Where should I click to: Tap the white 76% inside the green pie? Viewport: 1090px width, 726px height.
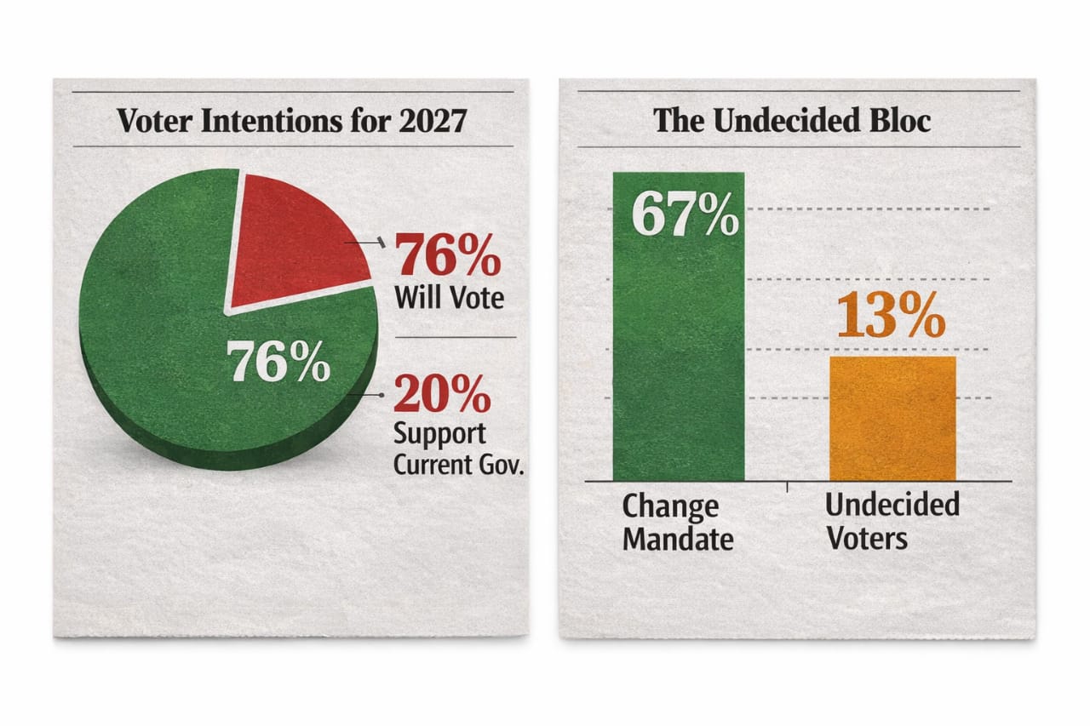tap(280, 363)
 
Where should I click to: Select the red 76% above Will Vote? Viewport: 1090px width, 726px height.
tap(449, 256)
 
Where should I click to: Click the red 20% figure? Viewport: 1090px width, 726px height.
tap(442, 394)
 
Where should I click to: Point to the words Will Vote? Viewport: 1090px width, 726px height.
tap(449, 298)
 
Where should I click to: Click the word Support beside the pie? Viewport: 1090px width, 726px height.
tap(439, 435)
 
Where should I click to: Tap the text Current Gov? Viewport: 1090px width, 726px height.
tap(457, 466)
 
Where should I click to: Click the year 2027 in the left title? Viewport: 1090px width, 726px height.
tap(432, 121)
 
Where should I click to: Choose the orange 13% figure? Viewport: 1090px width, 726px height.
tap(891, 317)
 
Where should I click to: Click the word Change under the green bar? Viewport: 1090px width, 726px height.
tap(670, 507)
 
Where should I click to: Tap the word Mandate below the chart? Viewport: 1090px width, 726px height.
tap(678, 540)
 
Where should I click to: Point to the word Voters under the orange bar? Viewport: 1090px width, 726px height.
tap(866, 538)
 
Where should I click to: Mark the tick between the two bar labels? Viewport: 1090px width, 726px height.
tap(787, 488)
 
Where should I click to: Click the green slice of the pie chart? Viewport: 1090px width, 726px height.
tap(162, 340)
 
